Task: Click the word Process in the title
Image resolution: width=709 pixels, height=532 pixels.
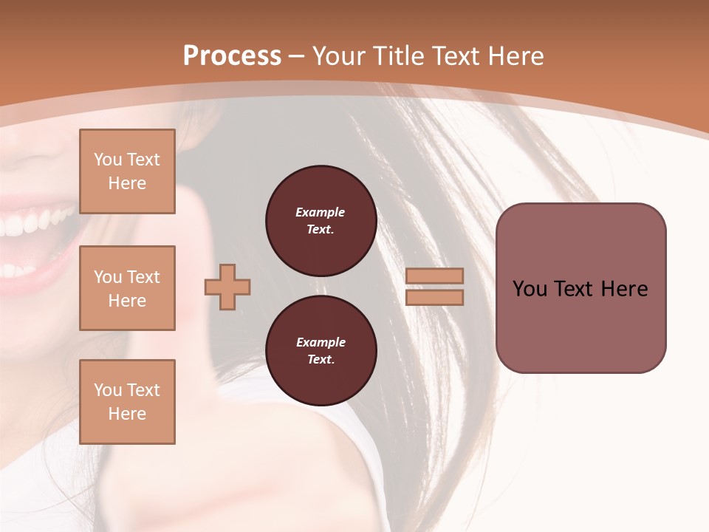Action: tap(232, 56)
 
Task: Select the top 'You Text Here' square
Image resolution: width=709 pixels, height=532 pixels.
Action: tap(127, 171)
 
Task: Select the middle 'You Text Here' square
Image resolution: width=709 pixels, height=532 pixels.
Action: tap(127, 288)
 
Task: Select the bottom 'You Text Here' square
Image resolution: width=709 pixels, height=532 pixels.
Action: tap(127, 401)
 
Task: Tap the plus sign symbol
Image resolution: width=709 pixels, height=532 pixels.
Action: tap(227, 286)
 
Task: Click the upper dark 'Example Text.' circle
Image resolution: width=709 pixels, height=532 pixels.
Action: tap(321, 221)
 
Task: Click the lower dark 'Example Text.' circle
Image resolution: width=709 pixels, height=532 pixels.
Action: tap(321, 351)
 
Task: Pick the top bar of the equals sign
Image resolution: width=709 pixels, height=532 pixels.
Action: tap(435, 276)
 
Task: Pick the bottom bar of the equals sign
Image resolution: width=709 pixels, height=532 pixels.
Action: tap(435, 297)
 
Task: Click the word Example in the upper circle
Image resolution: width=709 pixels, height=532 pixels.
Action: tap(321, 212)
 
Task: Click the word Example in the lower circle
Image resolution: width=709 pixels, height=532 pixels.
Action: tap(321, 342)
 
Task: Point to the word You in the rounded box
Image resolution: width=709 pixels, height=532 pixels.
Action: tap(530, 289)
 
